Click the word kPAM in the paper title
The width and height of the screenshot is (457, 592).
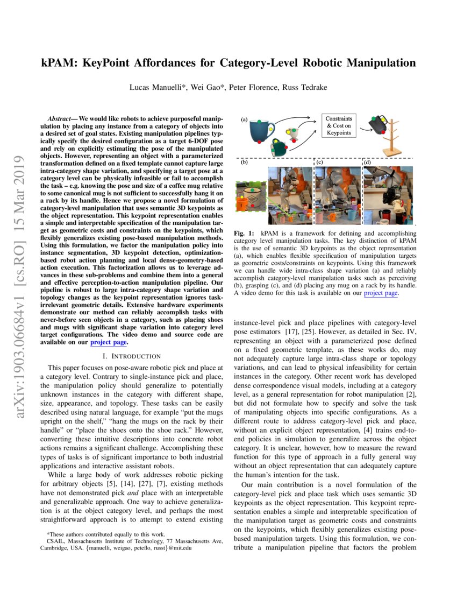coord(59,63)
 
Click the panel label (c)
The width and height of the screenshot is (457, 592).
coord(319,162)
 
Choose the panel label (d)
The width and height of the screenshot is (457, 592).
coord(367,162)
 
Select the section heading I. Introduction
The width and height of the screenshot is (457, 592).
coord(132,356)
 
